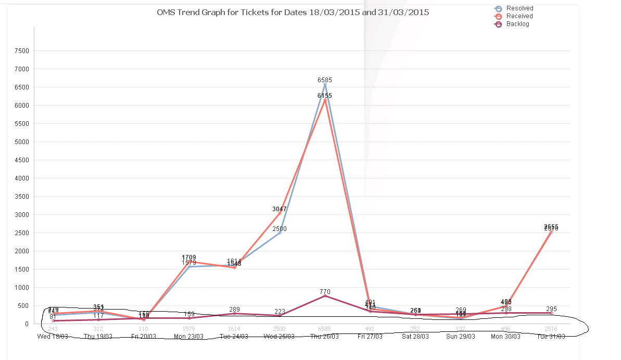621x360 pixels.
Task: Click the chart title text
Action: point(293,12)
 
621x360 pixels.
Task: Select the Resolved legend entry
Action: point(519,8)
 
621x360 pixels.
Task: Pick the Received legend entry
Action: point(519,16)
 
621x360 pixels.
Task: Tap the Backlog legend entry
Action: point(517,24)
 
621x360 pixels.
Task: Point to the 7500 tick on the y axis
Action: point(22,51)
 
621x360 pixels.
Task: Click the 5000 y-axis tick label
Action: point(22,142)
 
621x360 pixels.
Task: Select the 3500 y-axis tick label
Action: point(22,197)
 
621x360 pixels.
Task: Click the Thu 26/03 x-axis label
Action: point(325,337)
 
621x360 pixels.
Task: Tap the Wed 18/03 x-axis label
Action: point(53,337)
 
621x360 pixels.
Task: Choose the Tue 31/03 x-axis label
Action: point(551,337)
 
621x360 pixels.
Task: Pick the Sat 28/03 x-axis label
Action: point(415,337)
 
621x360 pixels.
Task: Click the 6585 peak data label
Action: point(325,80)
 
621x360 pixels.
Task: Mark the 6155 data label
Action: point(325,96)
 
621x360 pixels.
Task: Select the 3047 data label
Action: point(280,209)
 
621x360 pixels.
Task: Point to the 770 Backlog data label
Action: point(325,292)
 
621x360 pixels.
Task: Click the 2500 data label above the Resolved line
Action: point(280,229)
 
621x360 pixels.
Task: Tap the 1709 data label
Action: point(189,258)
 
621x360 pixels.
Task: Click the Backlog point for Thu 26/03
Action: point(325,295)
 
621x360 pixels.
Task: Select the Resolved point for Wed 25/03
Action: point(280,233)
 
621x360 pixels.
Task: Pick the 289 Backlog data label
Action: point(234,310)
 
